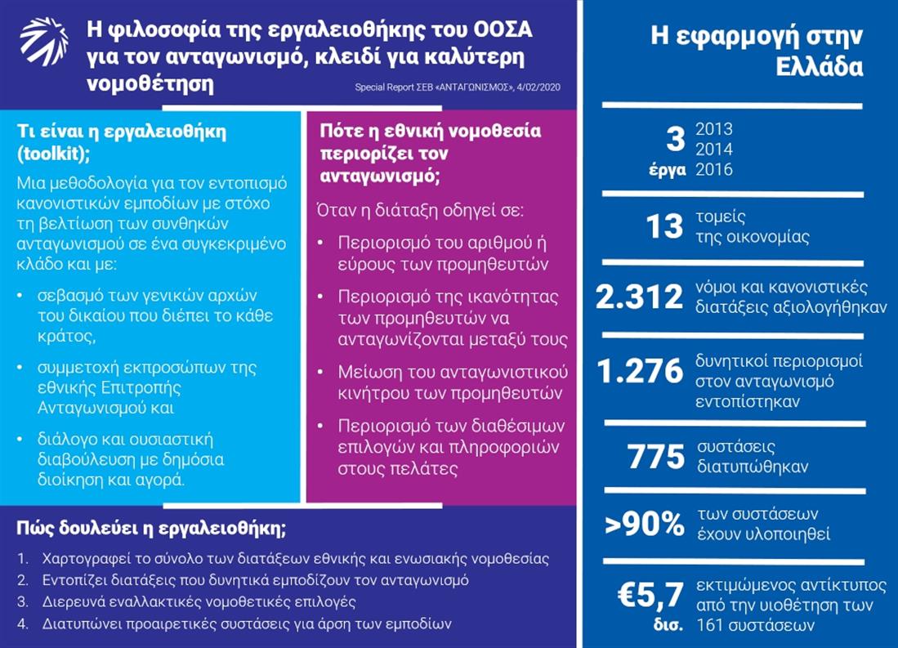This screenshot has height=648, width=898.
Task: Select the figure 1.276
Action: point(639,372)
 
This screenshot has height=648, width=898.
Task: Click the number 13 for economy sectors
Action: point(663,226)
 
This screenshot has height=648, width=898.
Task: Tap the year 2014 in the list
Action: point(713,150)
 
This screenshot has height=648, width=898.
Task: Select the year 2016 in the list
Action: point(713,170)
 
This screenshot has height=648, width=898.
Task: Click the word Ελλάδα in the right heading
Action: point(820,66)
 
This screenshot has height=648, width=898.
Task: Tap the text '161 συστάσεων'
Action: point(746,626)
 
